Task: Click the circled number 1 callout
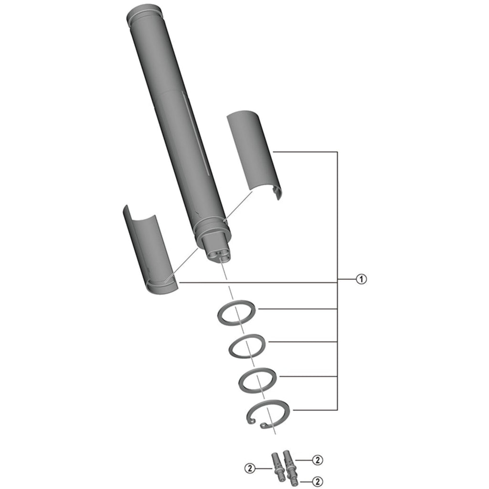tap(361, 279)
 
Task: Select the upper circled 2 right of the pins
tap(318, 460)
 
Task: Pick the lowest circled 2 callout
tap(318, 482)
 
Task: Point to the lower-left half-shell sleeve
tap(149, 249)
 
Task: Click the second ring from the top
tap(247, 346)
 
